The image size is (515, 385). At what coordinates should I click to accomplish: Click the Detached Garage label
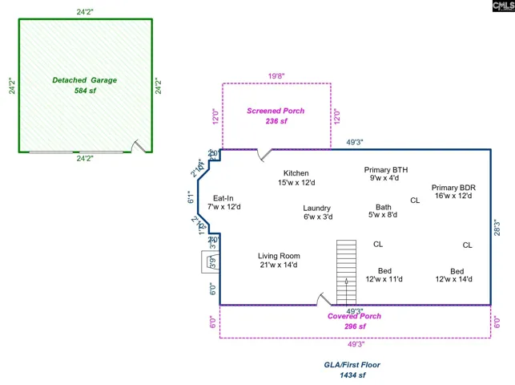tap(84, 80)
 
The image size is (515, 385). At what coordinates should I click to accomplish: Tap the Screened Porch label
tap(276, 111)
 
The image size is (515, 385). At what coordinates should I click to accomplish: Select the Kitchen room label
tap(296, 173)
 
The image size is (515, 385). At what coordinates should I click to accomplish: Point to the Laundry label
tap(317, 209)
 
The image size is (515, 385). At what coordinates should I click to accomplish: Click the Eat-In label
tap(223, 198)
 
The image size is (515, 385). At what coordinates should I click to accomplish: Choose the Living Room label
tap(279, 257)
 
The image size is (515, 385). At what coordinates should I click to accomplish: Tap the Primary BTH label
tap(386, 170)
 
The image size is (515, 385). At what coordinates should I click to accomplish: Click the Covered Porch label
tap(354, 316)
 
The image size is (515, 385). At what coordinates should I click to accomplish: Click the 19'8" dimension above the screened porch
tap(276, 77)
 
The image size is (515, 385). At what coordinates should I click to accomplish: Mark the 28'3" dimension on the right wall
tap(497, 227)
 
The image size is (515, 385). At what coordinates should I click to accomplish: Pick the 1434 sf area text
tap(352, 375)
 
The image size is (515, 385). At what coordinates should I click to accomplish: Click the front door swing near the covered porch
tap(323, 299)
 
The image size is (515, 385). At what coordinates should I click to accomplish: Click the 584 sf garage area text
tap(84, 91)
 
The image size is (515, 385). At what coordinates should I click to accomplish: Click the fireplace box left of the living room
tap(209, 261)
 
